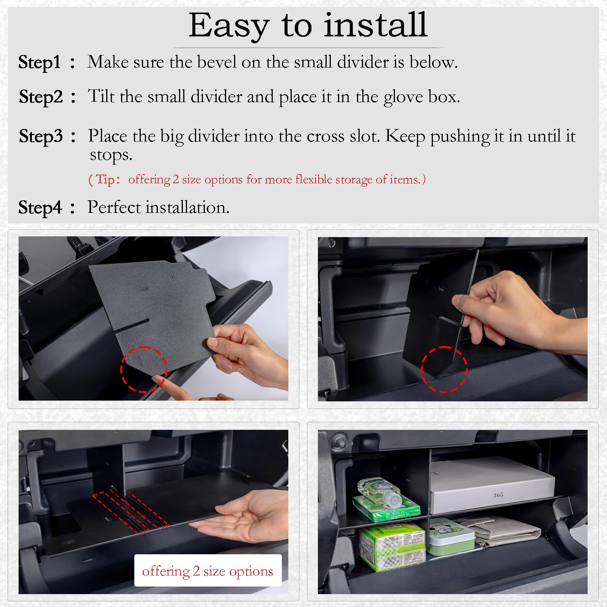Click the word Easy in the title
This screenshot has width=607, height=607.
pos(229,26)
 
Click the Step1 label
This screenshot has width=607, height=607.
pos(39,62)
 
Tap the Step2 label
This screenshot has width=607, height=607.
pos(41,97)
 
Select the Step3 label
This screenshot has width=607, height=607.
pos(41,136)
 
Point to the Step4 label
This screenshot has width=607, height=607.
pos(40,208)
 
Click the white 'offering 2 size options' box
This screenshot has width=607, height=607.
pos(208,571)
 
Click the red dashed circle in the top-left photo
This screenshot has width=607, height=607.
pos(144,369)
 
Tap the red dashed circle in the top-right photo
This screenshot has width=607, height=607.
pos(444,369)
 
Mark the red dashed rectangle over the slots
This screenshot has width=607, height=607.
pos(131,510)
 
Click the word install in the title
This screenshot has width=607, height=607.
pos(376,26)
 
